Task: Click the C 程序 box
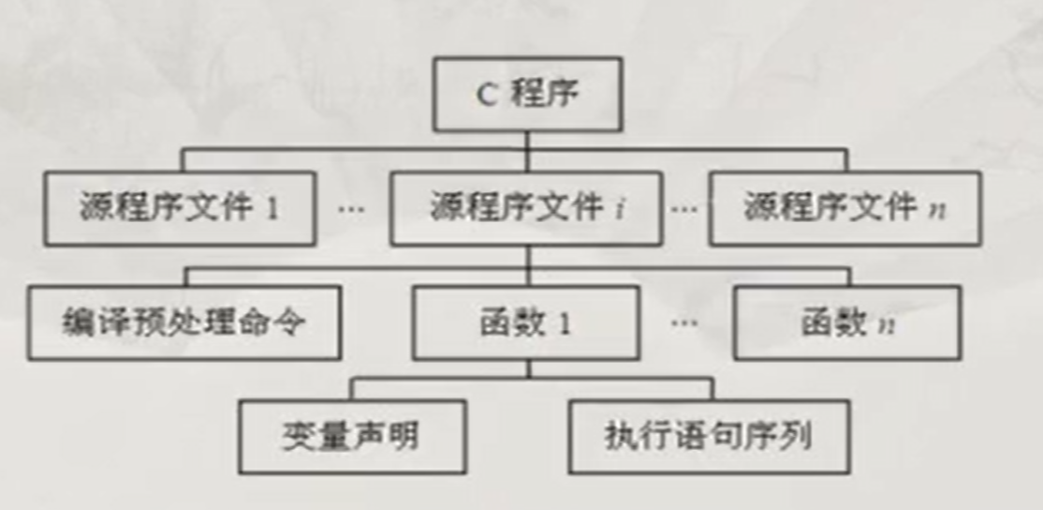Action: [x=527, y=95]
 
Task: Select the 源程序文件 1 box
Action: [x=179, y=208]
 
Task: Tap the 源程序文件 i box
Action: [x=526, y=208]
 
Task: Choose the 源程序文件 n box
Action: [x=845, y=208]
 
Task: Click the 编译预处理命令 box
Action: [x=184, y=323]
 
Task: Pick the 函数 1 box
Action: [x=526, y=323]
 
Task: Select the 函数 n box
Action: [x=846, y=323]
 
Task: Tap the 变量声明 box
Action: [x=352, y=437]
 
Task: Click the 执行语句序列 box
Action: [x=709, y=437]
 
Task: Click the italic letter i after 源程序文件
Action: [x=620, y=209]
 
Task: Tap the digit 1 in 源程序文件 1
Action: [x=272, y=208]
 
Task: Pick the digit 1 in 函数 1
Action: [x=565, y=324]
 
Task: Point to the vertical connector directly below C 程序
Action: [x=527, y=140]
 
